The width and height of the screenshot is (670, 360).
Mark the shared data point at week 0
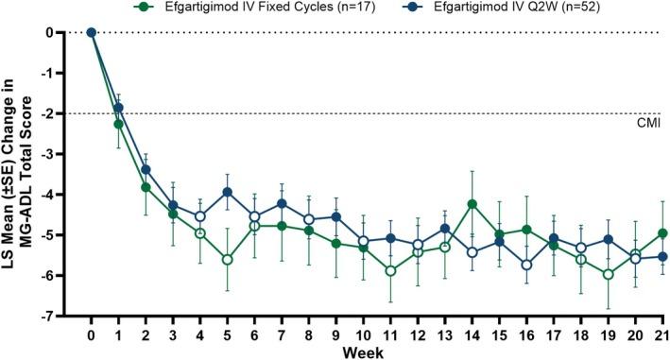(x=91, y=32)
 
